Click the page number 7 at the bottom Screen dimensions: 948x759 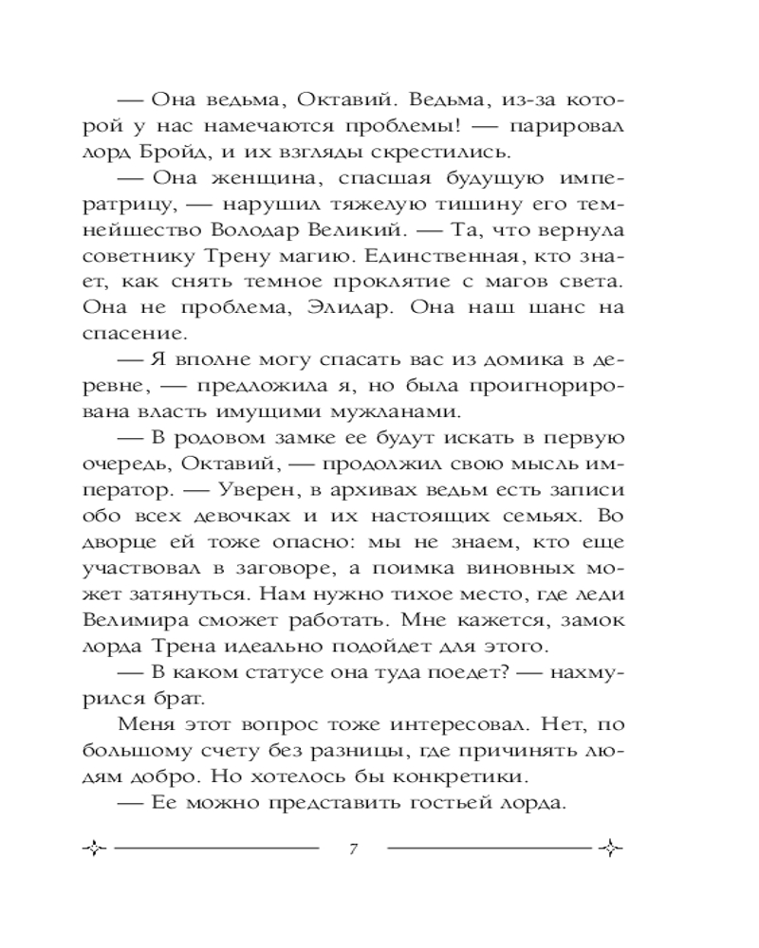point(352,847)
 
